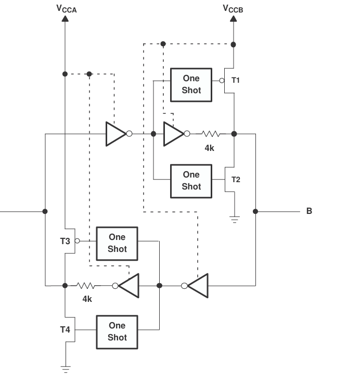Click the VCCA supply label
pos(67,9)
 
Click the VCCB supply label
pos(233,9)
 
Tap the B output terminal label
pos(309,211)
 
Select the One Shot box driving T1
pos(191,85)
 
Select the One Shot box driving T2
pos(191,181)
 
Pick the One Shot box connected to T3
pos(117,244)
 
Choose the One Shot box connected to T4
pos(117,332)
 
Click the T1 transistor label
pos(236,80)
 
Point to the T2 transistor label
pos(236,180)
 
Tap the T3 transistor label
pos(65,241)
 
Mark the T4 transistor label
pos(65,329)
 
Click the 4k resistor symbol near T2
pos(211,134)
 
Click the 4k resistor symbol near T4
pos(85,286)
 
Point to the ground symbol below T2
pos(235,220)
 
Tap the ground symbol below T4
pos(66,370)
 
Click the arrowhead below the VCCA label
pos(65,19)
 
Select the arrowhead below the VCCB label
pos(234,19)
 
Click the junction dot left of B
pos(255,211)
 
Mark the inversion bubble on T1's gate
pos(222,81)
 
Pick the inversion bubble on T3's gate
pos(77,241)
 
